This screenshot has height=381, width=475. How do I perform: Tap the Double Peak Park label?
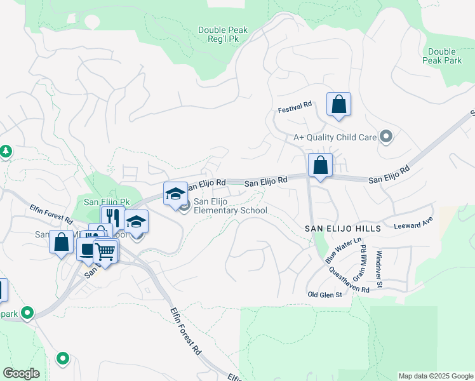pyautogui.click(x=442, y=56)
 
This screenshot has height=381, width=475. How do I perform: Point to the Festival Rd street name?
pyautogui.click(x=295, y=109)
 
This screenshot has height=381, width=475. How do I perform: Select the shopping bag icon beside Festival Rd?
pyautogui.click(x=338, y=104)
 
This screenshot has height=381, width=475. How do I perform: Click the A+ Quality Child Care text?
pyautogui.click(x=334, y=137)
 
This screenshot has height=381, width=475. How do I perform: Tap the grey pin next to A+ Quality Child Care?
pyautogui.click(x=385, y=136)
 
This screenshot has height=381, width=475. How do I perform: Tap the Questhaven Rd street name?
pyautogui.click(x=349, y=279)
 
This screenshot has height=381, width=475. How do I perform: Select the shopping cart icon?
pyautogui.click(x=105, y=251)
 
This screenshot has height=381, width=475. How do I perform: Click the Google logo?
pyautogui.click(x=21, y=373)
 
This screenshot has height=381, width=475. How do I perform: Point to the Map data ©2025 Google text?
pyautogui.click(x=435, y=376)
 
